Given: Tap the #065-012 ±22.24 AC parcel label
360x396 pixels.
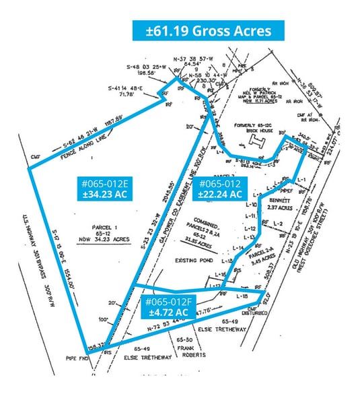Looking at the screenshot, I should click(x=219, y=188).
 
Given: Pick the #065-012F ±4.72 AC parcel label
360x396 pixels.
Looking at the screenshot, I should click(x=166, y=307).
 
